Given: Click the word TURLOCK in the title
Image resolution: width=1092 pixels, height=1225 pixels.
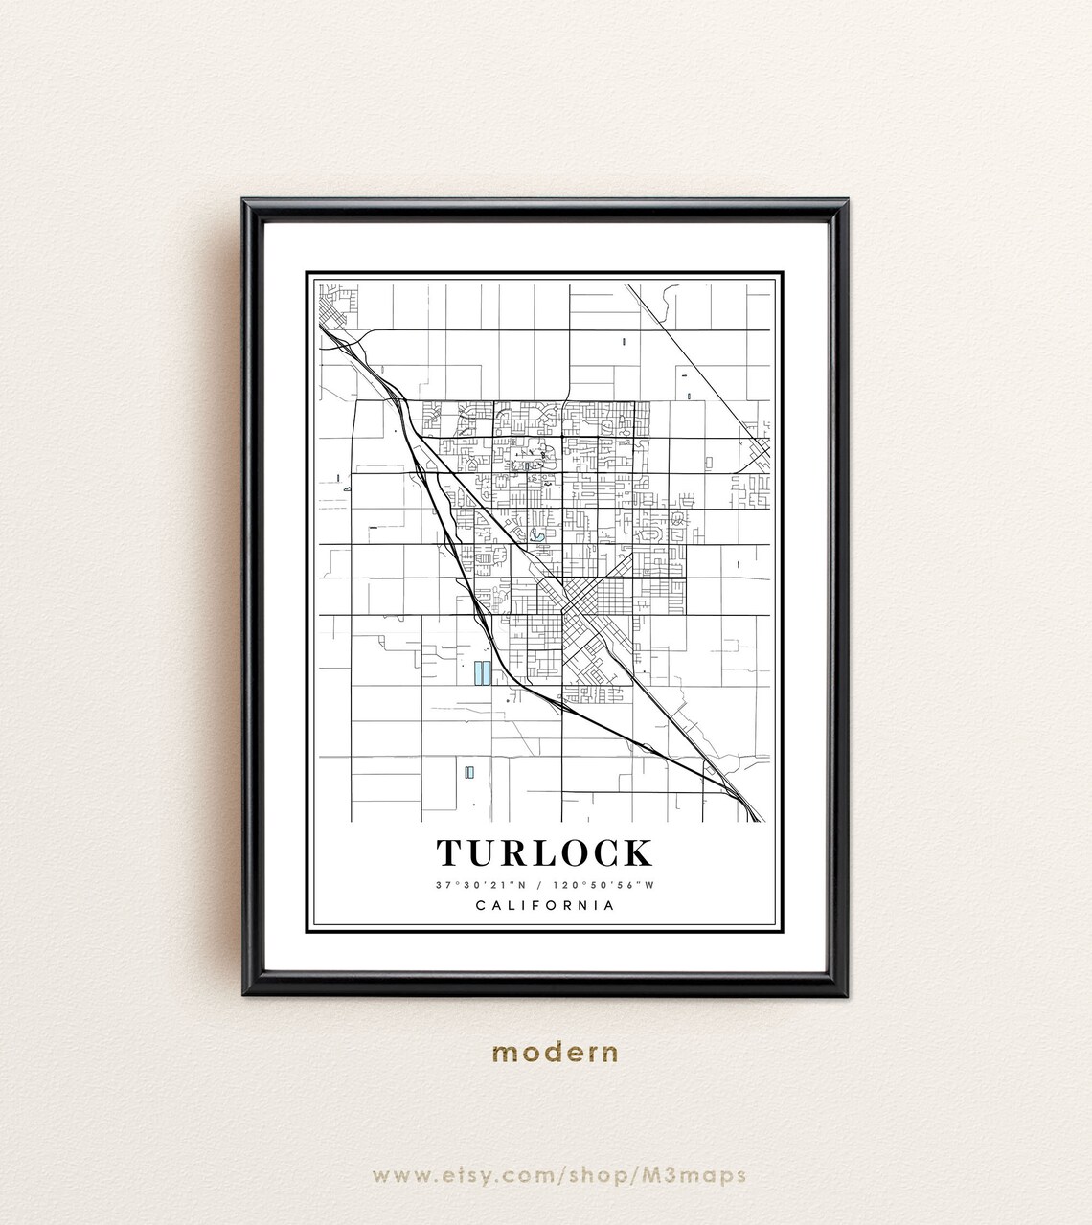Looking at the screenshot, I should (x=545, y=851).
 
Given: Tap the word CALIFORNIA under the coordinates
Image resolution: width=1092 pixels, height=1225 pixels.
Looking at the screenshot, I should (x=545, y=906).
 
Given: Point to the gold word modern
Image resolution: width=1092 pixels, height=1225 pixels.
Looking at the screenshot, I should (x=556, y=1053).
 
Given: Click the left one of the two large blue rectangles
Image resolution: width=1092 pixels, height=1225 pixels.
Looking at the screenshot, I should (x=476, y=673).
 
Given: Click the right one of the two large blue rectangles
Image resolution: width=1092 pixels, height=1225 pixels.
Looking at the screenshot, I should (x=487, y=673).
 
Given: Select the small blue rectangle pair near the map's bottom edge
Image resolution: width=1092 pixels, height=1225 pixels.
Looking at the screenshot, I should (x=468, y=771).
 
